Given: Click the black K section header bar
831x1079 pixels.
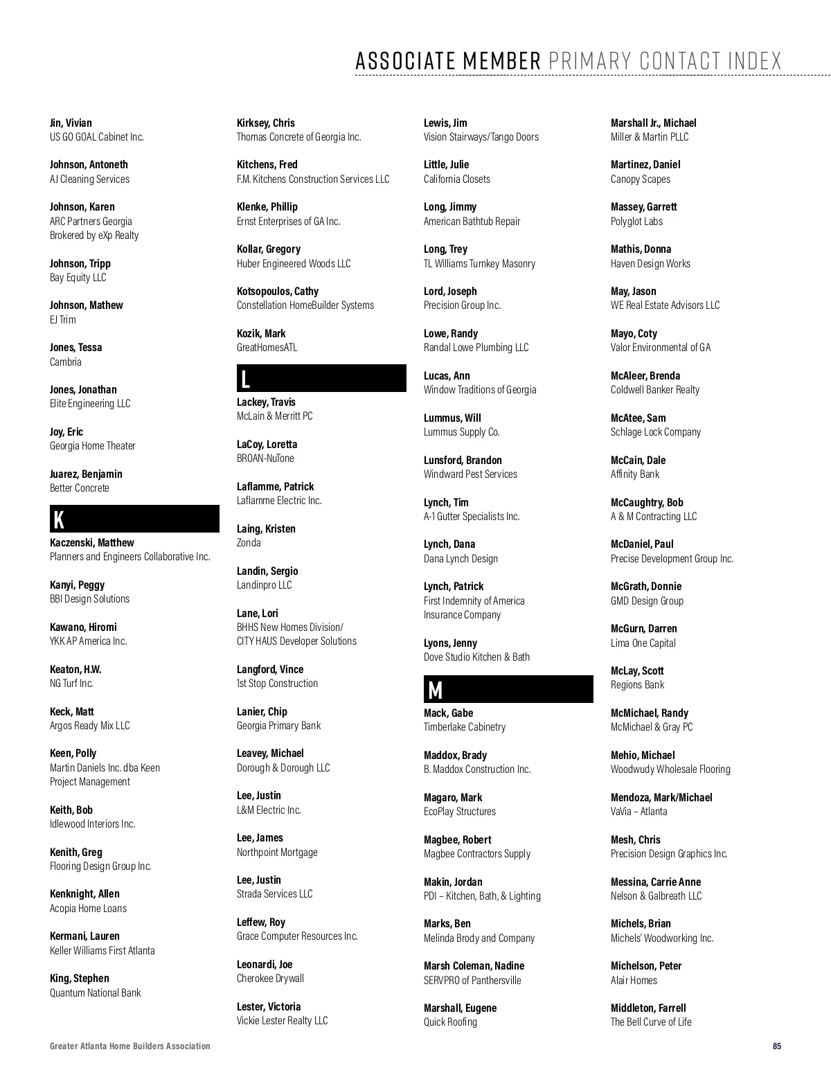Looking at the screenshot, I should [x=134, y=519].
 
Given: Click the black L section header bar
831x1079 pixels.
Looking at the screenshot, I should [x=321, y=378].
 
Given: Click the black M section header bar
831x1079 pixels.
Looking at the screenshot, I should [x=508, y=689].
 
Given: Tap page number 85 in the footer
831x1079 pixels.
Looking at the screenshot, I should [x=777, y=1046].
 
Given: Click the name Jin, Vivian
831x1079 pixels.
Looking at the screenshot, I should [x=71, y=123].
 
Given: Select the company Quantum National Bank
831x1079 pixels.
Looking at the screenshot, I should [x=95, y=992].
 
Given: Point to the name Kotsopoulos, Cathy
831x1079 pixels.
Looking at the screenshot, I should [x=278, y=291].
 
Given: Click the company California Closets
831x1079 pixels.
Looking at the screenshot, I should [x=456, y=179].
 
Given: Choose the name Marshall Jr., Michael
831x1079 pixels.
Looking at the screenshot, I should [x=653, y=123].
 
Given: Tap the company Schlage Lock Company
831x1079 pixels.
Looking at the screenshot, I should [x=655, y=431].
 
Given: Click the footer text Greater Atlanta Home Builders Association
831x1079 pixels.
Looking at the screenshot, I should [x=129, y=1046].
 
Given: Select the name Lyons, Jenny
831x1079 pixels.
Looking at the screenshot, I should [x=450, y=643].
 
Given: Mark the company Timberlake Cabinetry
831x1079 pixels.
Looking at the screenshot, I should [x=464, y=726].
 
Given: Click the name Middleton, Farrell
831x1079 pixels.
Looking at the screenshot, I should [x=648, y=1008].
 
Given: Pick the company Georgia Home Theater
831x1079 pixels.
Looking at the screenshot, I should [x=92, y=445].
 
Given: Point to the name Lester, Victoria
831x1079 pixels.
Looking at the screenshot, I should [x=269, y=1006].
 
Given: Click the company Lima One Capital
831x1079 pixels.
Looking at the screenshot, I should [x=643, y=643].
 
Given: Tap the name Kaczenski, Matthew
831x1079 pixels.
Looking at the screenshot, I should [x=91, y=542].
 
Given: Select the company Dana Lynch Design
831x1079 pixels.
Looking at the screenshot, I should [x=461, y=558].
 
